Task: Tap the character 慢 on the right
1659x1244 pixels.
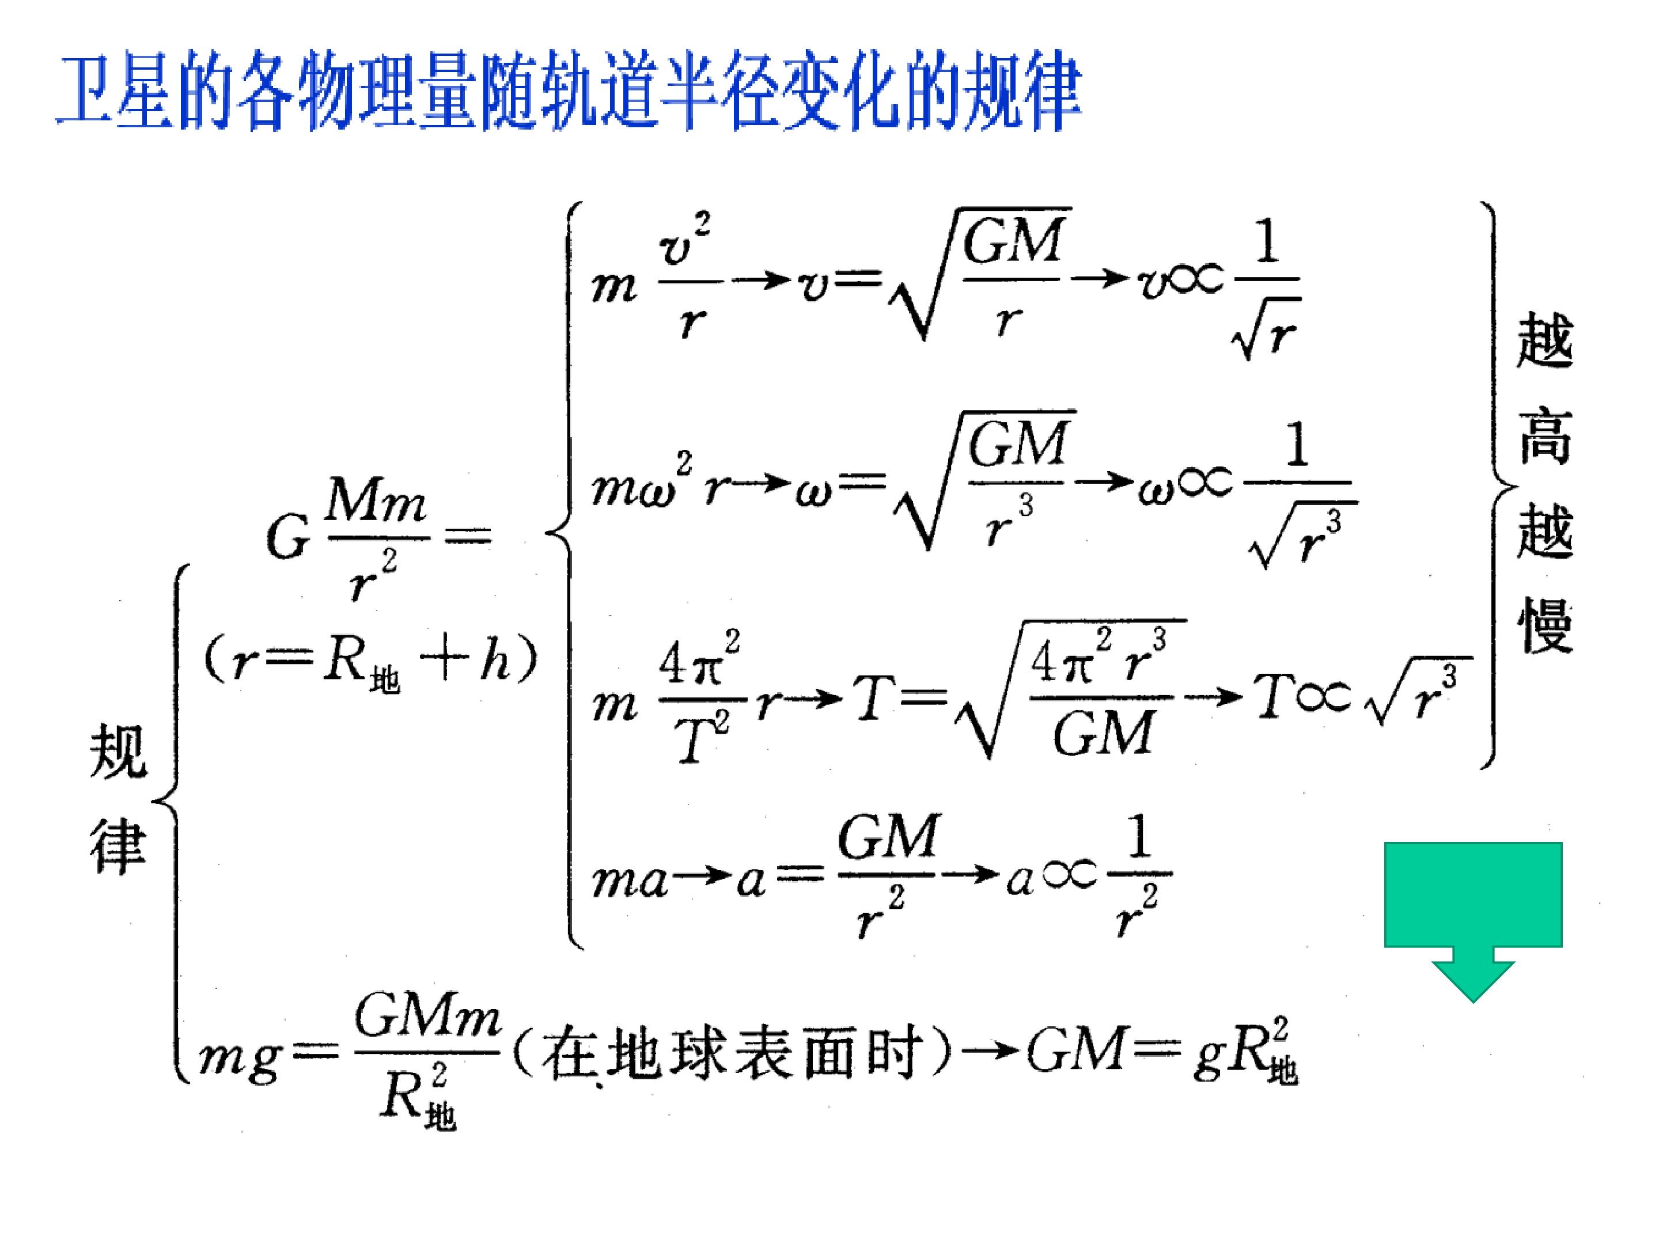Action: [x=1544, y=626]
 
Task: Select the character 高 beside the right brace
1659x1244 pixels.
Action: [x=1544, y=435]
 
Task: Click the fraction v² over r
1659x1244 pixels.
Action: [x=688, y=278]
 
